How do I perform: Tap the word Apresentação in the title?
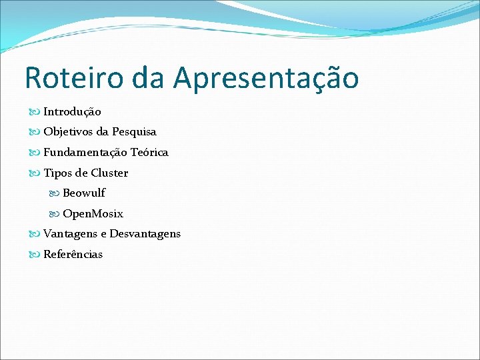pyautogui.click(x=266, y=78)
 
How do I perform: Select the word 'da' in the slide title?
pyautogui.click(x=151, y=78)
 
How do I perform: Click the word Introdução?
pyautogui.click(x=72, y=112)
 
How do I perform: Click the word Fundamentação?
pyautogui.click(x=86, y=153)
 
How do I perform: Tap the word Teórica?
pyautogui.click(x=149, y=153)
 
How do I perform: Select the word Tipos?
pyautogui.click(x=57, y=173)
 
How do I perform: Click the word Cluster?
pyautogui.click(x=109, y=173)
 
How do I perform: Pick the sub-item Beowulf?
pyautogui.click(x=84, y=193)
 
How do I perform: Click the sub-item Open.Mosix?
pyautogui.click(x=93, y=214)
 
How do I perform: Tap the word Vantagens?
pyautogui.click(x=70, y=234)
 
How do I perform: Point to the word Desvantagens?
pyautogui.click(x=145, y=234)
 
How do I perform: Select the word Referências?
pyautogui.click(x=73, y=255)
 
